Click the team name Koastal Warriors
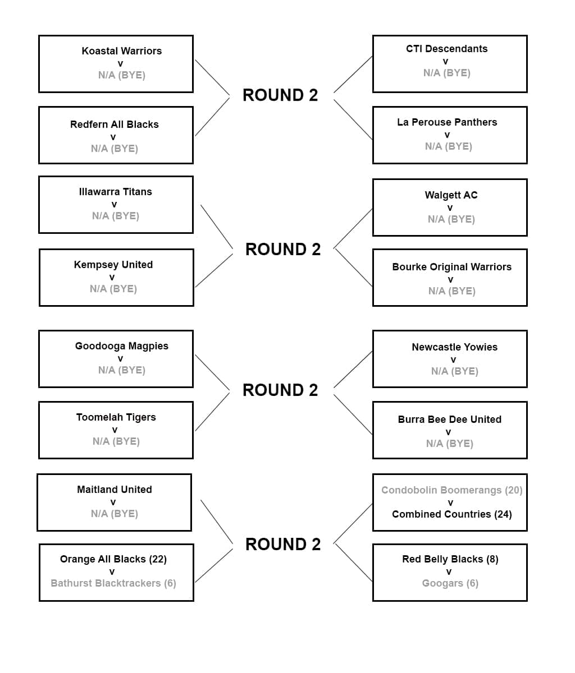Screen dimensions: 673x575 pos(121,51)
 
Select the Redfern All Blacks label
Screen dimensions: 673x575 pos(114,125)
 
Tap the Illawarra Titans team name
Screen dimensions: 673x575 pos(115,192)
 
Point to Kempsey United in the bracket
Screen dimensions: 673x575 pos(113,265)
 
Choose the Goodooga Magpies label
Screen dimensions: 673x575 pos(121,346)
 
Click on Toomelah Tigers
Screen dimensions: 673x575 pos(116,417)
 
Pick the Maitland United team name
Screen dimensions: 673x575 pos(114,490)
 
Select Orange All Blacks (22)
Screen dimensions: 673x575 pos(113,559)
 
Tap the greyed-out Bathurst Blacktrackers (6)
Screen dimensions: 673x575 pos(113,583)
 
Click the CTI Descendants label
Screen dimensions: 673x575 pos(446,49)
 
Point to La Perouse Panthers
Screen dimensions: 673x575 pos(446,122)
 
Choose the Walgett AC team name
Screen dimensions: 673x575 pos(451,195)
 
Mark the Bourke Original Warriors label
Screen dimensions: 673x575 pos(451,267)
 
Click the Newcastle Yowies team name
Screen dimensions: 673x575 pos(454,347)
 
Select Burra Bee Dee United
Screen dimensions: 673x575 pos(449,420)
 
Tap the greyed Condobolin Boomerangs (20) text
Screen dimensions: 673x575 pos(451,490)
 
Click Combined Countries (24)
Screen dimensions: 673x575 pos(451,514)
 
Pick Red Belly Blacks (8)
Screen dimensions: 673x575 pos(450,559)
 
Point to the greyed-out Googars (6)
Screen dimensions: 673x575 pos(450,583)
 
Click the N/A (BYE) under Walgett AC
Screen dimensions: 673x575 pos(451,219)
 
